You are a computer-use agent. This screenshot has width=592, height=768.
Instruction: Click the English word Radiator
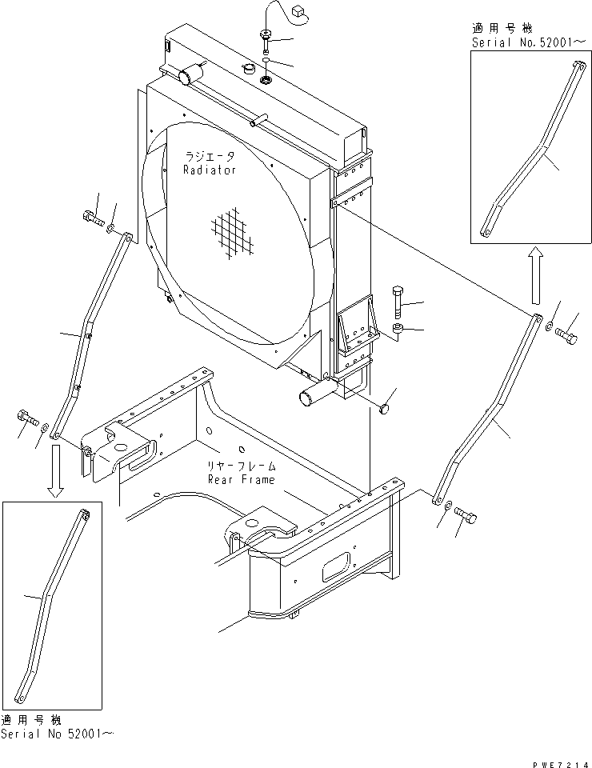pyautogui.click(x=209, y=170)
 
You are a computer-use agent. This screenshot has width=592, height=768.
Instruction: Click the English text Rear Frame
pyautogui.click(x=241, y=479)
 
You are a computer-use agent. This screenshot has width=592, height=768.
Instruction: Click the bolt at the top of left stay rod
pyautogui.click(x=90, y=218)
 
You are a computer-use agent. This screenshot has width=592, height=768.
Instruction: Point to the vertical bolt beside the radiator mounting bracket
pyautogui.click(x=399, y=302)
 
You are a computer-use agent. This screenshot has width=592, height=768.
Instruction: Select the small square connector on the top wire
pyautogui.click(x=301, y=11)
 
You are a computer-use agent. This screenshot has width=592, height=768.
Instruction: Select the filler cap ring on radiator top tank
pyautogui.click(x=265, y=80)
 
